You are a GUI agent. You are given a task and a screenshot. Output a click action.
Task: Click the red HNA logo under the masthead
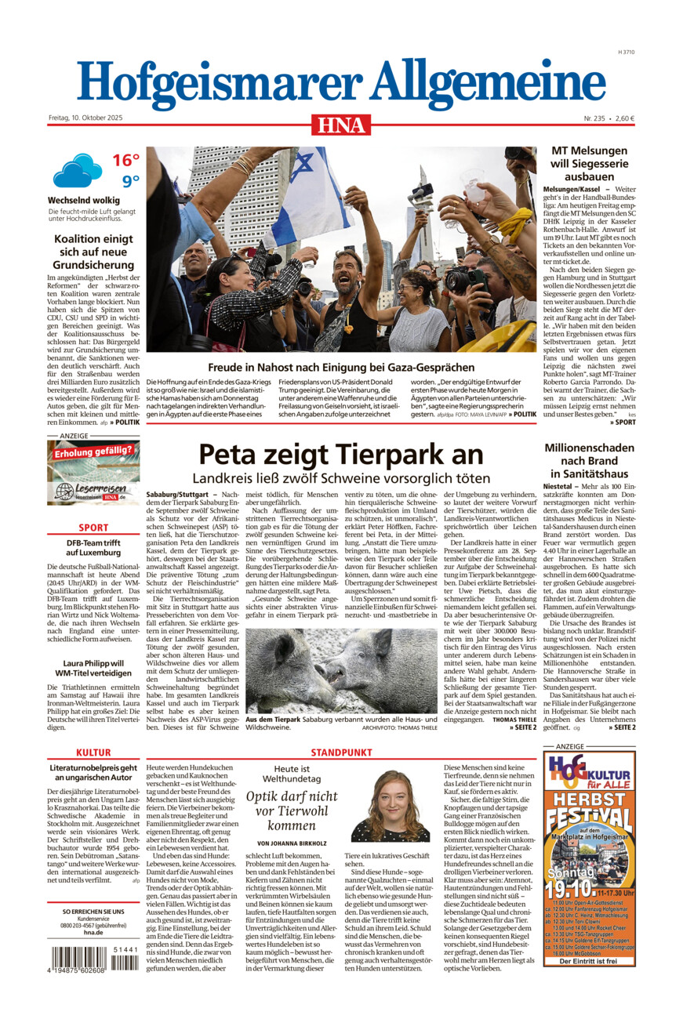point(341,125)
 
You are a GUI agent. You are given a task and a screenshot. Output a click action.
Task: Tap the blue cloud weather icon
point(77,169)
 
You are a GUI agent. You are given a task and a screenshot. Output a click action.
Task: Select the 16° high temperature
point(125,161)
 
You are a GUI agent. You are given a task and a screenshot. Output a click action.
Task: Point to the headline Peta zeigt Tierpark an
point(340,455)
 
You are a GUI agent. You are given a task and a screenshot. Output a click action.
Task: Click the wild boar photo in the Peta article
point(341,671)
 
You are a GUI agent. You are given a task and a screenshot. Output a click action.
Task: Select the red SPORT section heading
point(93,528)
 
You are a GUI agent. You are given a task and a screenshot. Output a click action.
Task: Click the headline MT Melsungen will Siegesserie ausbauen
point(589,163)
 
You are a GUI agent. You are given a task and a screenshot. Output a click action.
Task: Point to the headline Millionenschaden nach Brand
point(589,460)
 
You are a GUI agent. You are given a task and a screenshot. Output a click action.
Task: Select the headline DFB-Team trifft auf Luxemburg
point(93,547)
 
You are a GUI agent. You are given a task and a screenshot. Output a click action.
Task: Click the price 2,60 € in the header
point(625,118)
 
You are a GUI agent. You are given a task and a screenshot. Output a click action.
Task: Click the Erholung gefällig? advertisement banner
point(93,472)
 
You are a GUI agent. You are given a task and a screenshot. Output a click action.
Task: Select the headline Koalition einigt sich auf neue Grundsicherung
point(93,252)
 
